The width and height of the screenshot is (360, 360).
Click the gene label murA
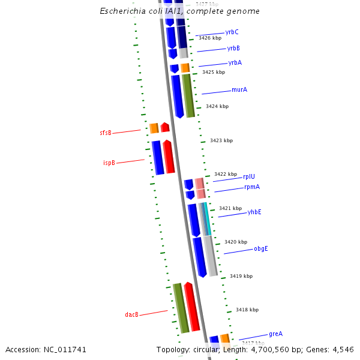coord(239,90)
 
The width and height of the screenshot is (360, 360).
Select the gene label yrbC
coord(232,32)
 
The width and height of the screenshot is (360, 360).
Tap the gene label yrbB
coord(233,48)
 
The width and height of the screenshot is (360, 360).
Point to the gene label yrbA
coord(235,62)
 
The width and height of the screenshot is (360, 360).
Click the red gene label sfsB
coord(106,133)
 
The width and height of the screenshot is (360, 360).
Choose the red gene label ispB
coord(109,163)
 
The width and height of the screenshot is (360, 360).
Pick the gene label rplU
coord(248,176)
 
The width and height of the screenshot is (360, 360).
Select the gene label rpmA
coord(251,187)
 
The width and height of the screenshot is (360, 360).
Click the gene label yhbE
coord(254,212)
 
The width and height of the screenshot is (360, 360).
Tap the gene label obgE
coord(260,248)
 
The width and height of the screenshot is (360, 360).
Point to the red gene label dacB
coord(131,314)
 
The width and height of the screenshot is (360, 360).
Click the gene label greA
coord(275,334)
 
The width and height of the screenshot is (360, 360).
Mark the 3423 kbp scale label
coord(221,140)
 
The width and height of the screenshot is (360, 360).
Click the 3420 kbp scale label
coord(236,242)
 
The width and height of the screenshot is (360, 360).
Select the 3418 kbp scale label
coord(247,310)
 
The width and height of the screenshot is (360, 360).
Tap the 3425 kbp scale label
coord(214,72)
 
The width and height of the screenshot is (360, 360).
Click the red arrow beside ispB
coord(169,157)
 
